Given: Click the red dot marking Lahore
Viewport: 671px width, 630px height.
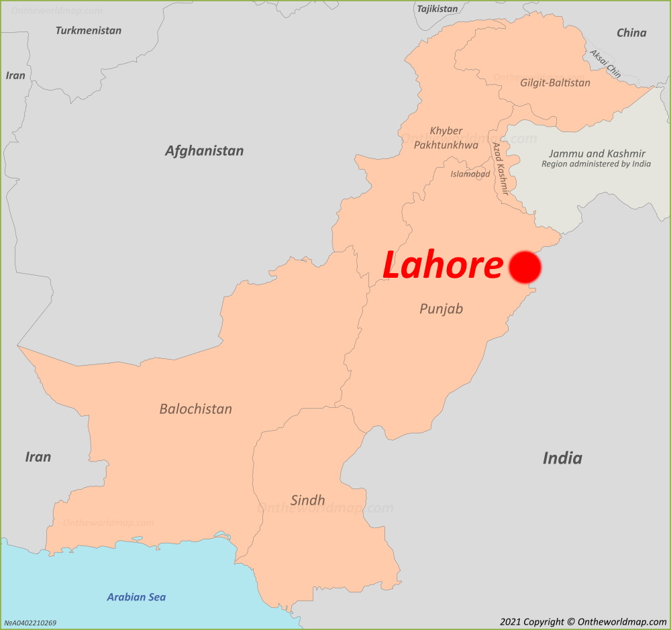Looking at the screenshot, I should tap(525, 267).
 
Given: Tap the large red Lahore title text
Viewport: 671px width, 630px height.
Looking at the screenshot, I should tap(442, 266).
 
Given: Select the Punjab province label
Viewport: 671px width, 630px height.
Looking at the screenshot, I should tap(442, 309).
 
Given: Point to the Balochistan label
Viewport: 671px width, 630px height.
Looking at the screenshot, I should tap(196, 409).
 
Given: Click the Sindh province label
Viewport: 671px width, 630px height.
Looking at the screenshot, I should tap(308, 500).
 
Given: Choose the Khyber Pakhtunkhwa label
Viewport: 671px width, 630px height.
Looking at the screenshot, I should tap(446, 138).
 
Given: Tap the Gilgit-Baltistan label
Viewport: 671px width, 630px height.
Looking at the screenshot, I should tap(556, 83).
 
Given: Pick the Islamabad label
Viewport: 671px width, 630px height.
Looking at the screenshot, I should tap(470, 174).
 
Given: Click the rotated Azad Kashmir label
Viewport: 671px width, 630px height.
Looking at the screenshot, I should tap(501, 168).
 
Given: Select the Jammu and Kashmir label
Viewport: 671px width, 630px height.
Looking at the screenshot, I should tap(597, 154).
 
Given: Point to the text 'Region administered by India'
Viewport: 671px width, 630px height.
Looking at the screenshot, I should tap(597, 164).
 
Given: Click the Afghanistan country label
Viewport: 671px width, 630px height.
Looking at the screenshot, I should tap(205, 151).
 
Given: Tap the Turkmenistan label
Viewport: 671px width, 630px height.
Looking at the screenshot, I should tap(89, 30).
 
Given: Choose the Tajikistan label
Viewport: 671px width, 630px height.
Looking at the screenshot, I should tap(437, 9).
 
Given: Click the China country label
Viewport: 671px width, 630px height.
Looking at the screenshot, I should tap(631, 33).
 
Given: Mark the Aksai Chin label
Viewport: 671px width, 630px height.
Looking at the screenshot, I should tap(605, 63).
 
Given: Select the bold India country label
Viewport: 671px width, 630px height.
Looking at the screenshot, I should tap(562, 458).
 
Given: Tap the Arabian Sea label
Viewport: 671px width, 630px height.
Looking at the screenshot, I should tap(136, 597).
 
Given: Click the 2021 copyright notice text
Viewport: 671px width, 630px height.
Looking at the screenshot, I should tap(583, 622).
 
